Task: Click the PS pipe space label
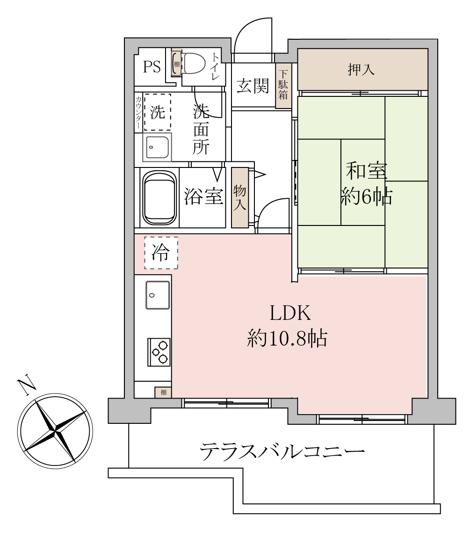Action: click(x=152, y=67)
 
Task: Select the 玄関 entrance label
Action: click(x=253, y=86)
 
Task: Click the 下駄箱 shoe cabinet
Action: click(x=283, y=86)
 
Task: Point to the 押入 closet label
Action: click(x=361, y=70)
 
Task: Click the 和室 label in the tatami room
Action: click(x=366, y=171)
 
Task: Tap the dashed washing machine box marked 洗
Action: click(x=158, y=112)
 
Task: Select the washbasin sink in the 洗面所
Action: click(x=157, y=147)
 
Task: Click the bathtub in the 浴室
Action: click(x=159, y=197)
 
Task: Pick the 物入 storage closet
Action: click(x=239, y=197)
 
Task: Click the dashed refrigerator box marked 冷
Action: click(x=161, y=253)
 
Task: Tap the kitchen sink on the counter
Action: click(x=158, y=295)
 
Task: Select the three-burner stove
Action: click(x=159, y=352)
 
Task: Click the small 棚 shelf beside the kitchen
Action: click(x=163, y=392)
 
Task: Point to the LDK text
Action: click(x=290, y=313)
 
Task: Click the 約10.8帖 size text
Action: click(x=287, y=339)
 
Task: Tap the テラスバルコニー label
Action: click(x=282, y=451)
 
